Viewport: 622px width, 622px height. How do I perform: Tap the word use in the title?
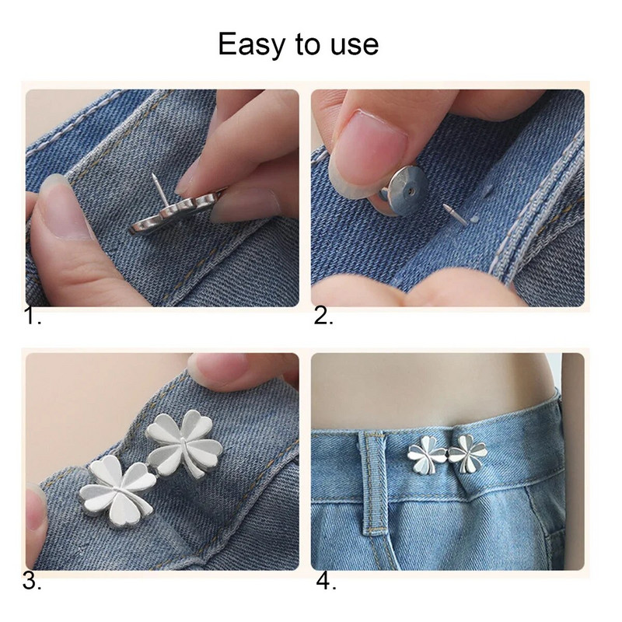point(355,45)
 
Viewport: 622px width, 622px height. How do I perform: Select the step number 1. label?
point(33,316)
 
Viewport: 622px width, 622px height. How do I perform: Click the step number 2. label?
point(323,316)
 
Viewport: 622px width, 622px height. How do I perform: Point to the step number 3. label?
point(32,581)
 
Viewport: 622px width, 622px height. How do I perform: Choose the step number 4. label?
point(326,581)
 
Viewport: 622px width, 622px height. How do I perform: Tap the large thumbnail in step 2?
point(369,148)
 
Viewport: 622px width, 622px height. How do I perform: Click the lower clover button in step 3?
point(117,491)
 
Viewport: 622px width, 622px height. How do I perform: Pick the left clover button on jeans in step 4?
point(427,455)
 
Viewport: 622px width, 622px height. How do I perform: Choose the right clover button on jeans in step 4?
point(467,454)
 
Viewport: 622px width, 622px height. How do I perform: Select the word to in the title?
point(307,45)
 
